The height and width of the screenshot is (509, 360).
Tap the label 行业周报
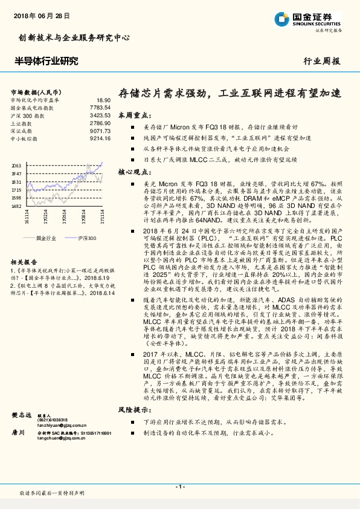point(321,61)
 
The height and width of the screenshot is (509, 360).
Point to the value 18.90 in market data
point(103,100)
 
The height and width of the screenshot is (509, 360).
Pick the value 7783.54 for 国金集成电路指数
point(100,108)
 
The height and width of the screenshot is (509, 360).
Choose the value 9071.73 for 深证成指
point(100,131)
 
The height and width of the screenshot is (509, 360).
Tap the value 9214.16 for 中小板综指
point(100,139)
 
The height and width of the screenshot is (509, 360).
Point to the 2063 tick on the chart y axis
point(16,165)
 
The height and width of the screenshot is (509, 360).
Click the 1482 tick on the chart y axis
point(16,206)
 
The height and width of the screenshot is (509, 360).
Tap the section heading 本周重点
point(132,114)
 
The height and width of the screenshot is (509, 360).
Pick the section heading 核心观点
point(132,172)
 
